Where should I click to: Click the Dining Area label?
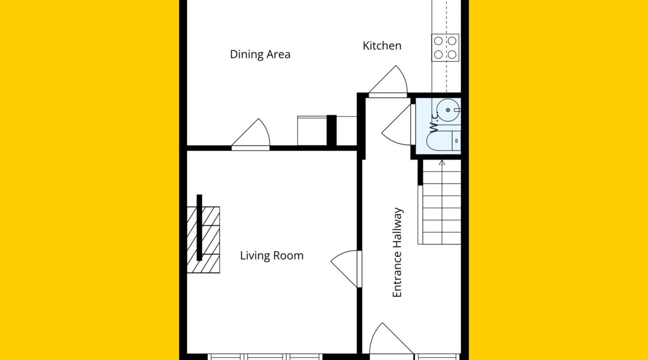[x=260, y=54]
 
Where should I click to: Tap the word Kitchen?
[x=382, y=45]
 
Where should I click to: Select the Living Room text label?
[x=271, y=255]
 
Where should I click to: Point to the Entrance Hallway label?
[x=397, y=253]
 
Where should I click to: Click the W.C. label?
[x=434, y=122]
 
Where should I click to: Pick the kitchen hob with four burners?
[x=445, y=48]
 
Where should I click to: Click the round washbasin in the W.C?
[x=448, y=110]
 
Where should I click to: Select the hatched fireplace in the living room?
[x=203, y=240]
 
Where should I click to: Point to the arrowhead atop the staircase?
[x=442, y=163]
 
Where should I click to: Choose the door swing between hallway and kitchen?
[x=388, y=81]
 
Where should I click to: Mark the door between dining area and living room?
[x=251, y=133]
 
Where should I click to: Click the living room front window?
[x=265, y=357]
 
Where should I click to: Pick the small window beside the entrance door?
[x=438, y=357]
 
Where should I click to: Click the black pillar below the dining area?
[x=331, y=130]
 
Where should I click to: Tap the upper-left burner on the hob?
[x=439, y=41]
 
